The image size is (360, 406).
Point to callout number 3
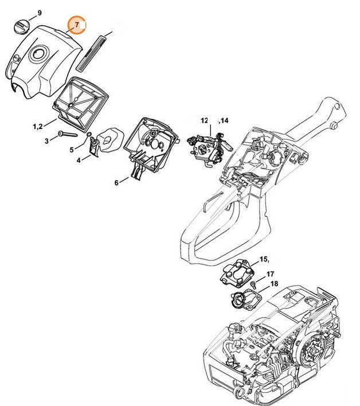(46, 139)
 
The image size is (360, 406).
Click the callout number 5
(72, 149)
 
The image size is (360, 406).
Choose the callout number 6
(116, 182)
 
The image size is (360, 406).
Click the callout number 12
(205, 120)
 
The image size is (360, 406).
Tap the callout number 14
(224, 120)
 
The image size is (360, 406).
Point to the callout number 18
(274, 284)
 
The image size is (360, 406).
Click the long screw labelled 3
(73, 135)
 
